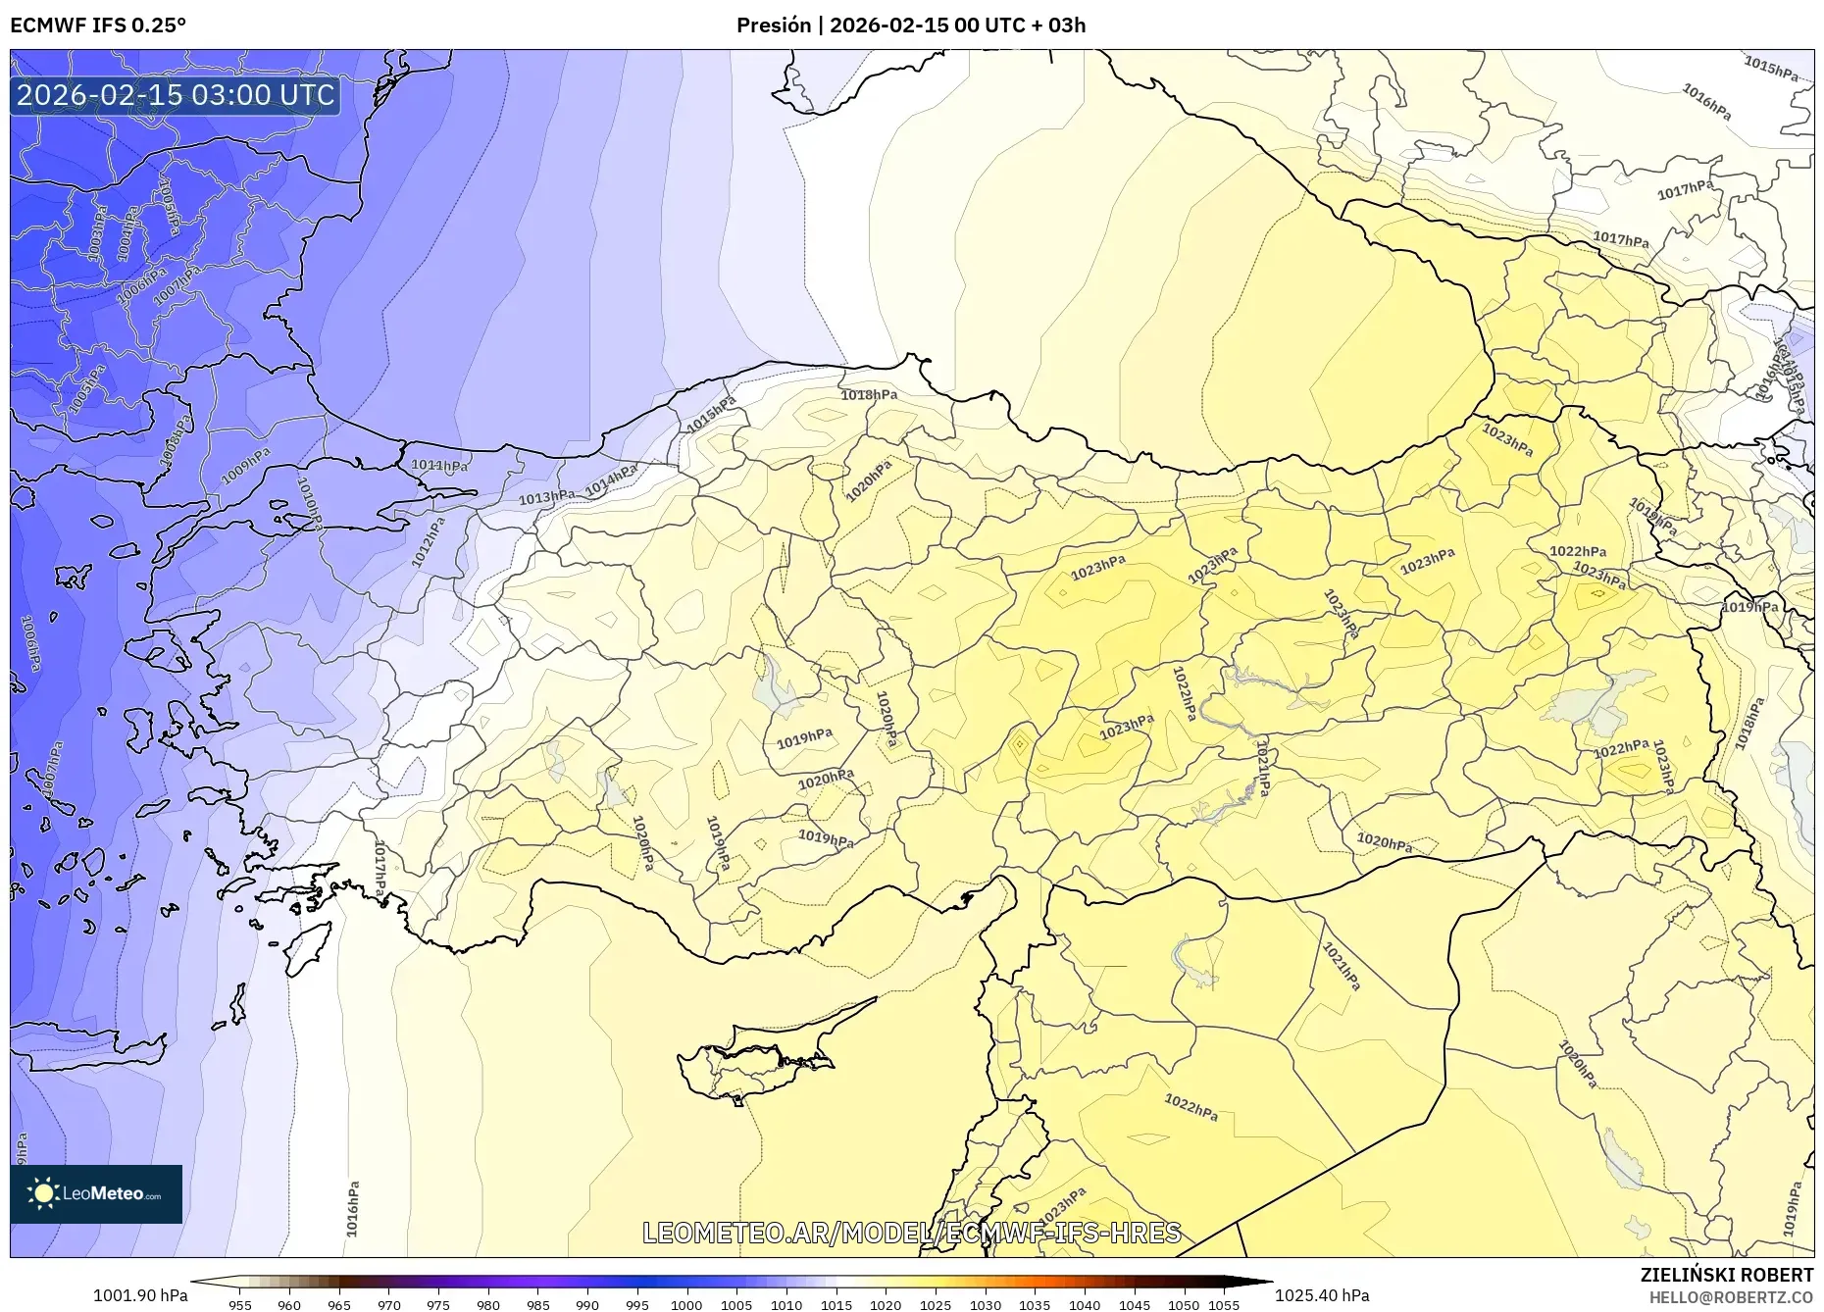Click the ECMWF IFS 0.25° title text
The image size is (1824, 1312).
pyautogui.click(x=98, y=25)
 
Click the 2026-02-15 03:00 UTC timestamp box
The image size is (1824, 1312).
pyautogui.click(x=176, y=96)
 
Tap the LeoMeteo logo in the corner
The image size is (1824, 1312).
pyautogui.click(x=96, y=1193)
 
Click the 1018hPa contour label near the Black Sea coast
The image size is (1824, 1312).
pyautogui.click(x=869, y=395)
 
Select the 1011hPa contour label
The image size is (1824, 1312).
pyautogui.click(x=438, y=466)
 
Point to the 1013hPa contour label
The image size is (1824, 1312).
pyautogui.click(x=546, y=497)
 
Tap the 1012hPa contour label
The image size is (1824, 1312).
pyautogui.click(x=429, y=542)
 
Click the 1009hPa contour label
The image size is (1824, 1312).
pyautogui.click(x=245, y=466)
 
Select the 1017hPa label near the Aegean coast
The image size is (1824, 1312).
pyautogui.click(x=379, y=868)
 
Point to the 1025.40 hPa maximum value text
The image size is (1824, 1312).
pyautogui.click(x=1322, y=1295)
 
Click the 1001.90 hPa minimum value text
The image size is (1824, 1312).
pyautogui.click(x=140, y=1295)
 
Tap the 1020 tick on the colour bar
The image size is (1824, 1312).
pyautogui.click(x=886, y=1305)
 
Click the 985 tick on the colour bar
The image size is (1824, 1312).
pyautogui.click(x=537, y=1305)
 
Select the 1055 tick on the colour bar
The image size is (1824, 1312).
pyautogui.click(x=1224, y=1305)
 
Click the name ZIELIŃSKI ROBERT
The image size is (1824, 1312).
pyautogui.click(x=1726, y=1275)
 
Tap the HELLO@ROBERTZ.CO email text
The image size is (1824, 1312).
pyautogui.click(x=1730, y=1297)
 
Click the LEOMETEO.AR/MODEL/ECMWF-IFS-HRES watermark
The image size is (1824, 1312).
pyautogui.click(x=911, y=1233)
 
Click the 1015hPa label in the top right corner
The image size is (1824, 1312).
pyautogui.click(x=1771, y=68)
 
